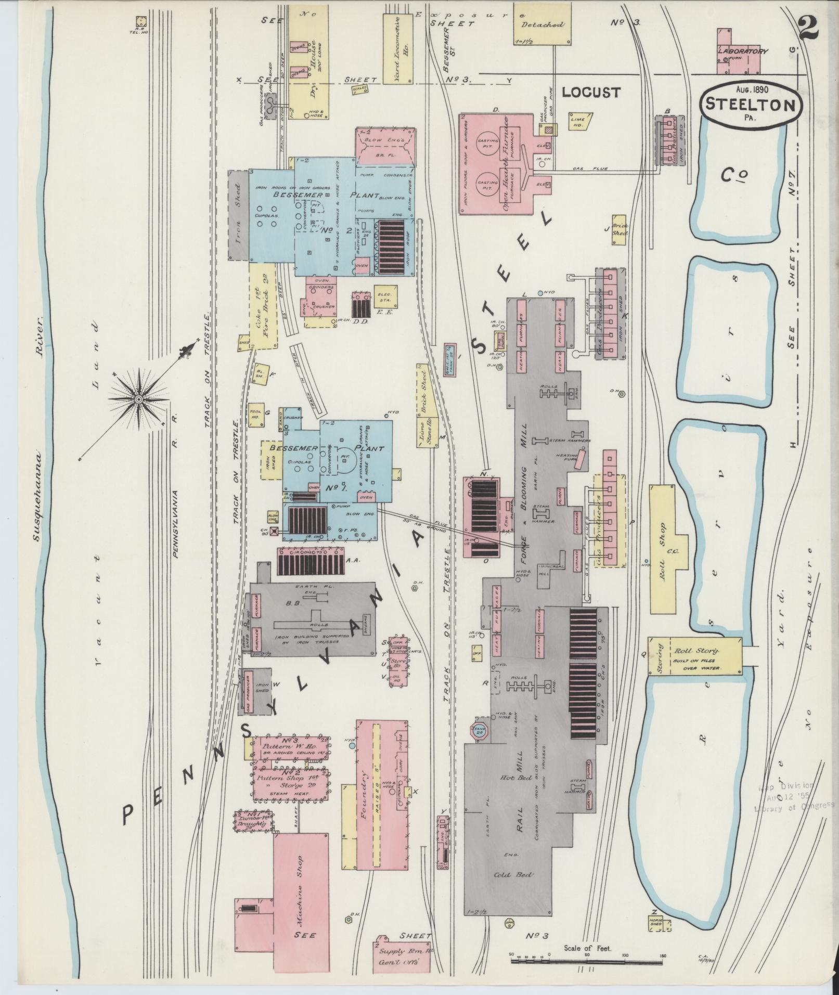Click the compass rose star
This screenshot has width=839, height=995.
pos(138,398)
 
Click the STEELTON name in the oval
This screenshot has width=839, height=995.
pos(751,105)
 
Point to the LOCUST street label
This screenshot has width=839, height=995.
pos(591,93)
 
